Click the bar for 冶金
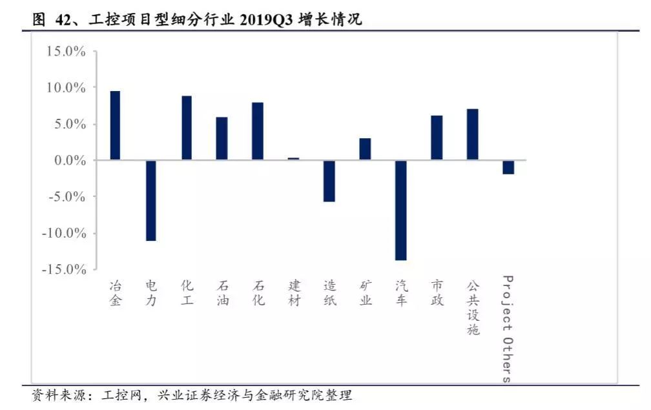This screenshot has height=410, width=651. click(115, 125)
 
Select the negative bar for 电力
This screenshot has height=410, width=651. click(151, 200)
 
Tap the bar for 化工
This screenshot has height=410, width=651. click(187, 128)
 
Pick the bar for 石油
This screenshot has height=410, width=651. click(222, 138)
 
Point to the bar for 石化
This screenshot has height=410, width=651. click(258, 131)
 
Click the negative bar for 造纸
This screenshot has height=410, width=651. click(329, 181)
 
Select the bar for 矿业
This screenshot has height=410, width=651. click(365, 149)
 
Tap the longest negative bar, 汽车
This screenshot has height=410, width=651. click(401, 210)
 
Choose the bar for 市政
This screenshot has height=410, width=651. click(437, 138)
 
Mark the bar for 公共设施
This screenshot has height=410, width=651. click(473, 134)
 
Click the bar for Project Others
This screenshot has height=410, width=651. click(508, 167)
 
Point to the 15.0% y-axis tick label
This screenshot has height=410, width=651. click(66, 52)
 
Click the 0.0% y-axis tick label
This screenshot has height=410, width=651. click(68, 160)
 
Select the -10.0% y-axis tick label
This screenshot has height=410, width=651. click(63, 232)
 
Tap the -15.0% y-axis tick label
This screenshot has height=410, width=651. click(63, 269)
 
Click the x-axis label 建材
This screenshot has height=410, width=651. click(294, 293)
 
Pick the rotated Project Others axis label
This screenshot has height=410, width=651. click(508, 329)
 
